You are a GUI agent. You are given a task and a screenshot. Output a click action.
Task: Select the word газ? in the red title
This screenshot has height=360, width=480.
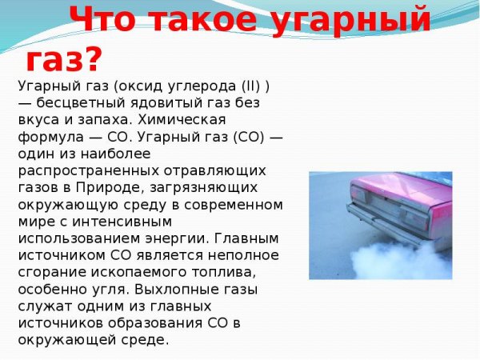pyautogui.click(x=64, y=58)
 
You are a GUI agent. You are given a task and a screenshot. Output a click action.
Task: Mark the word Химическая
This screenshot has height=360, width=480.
pyautogui.click(x=179, y=121)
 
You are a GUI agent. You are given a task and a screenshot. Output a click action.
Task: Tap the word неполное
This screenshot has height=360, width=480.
pyautogui.click(x=239, y=255)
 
